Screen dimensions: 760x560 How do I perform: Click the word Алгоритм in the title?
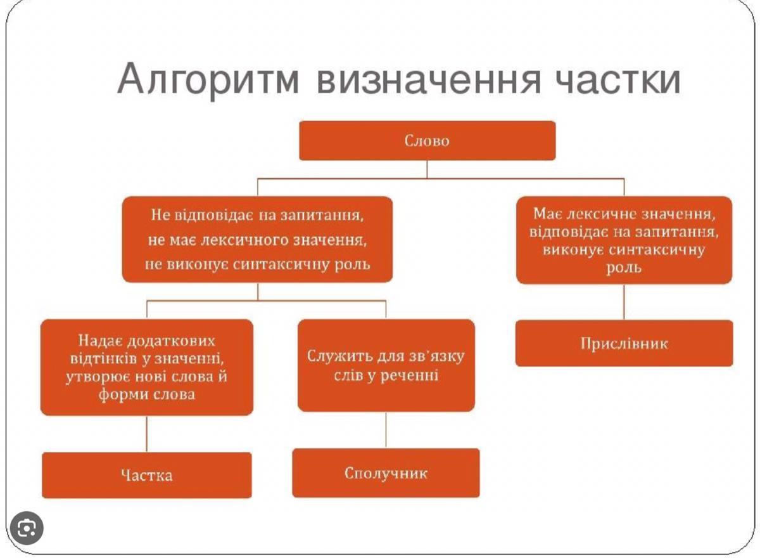[x=208, y=79]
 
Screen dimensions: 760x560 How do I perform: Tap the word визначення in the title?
[x=429, y=79]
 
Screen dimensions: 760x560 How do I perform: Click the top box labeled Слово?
[x=427, y=141]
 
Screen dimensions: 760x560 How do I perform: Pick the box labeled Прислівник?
[x=624, y=343]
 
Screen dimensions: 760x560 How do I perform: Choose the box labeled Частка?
[x=147, y=475]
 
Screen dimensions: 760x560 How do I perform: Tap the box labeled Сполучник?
[x=386, y=473]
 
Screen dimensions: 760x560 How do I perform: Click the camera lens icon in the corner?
[x=27, y=528]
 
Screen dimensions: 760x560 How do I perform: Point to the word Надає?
[x=99, y=341]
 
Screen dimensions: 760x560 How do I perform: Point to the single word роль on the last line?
[x=624, y=268]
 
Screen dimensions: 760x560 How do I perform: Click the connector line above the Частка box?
[x=146, y=434]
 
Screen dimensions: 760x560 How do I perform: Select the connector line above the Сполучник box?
[x=386, y=430]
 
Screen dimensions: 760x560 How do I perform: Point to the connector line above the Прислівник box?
[x=624, y=302]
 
